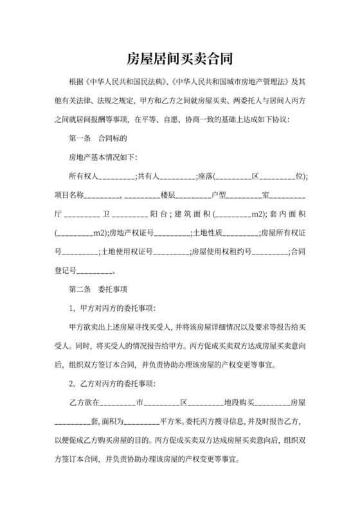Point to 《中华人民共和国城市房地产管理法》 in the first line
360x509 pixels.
click(228, 83)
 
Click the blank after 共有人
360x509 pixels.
click(177, 176)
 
